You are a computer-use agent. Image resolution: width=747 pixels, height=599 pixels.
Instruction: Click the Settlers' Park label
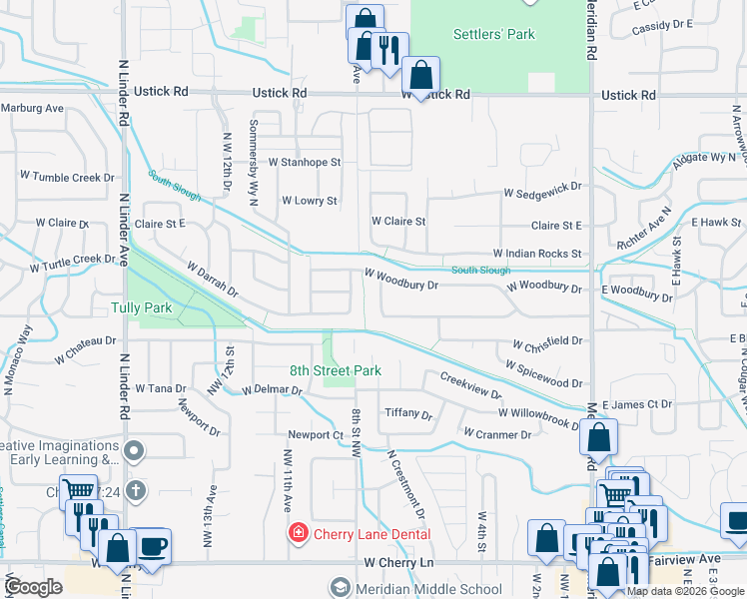(x=494, y=34)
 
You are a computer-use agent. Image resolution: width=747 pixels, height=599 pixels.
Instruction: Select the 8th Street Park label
(x=336, y=370)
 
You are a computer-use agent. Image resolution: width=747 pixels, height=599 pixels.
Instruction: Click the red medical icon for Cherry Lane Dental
(x=298, y=534)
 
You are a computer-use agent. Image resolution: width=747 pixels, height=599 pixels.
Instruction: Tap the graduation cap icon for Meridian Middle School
(x=342, y=588)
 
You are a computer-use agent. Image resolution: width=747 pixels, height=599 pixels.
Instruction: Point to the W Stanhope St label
(x=305, y=161)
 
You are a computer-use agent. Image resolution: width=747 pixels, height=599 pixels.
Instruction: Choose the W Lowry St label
(x=310, y=201)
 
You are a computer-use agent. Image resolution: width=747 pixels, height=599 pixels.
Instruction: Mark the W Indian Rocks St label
(x=536, y=255)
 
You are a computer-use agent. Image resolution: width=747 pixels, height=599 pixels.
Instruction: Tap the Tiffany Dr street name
(x=408, y=414)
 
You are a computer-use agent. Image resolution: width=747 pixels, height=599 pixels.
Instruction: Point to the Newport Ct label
(x=316, y=435)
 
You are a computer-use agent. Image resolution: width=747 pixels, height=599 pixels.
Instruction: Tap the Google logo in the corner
(x=33, y=587)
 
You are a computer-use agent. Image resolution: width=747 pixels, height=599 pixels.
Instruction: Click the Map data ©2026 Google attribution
(x=685, y=592)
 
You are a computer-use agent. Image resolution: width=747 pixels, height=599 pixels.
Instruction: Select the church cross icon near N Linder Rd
(x=136, y=491)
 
